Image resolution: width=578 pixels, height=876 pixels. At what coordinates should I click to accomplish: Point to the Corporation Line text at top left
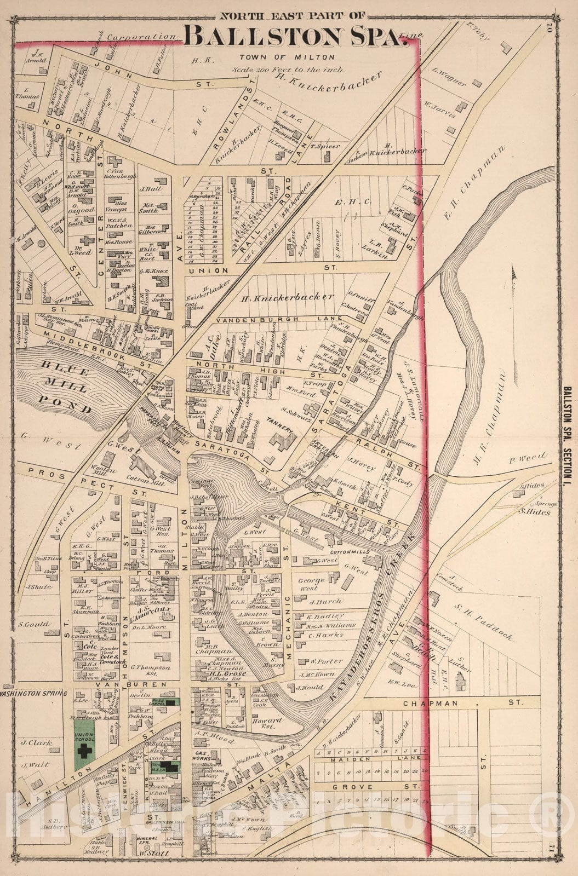coord(147,37)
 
